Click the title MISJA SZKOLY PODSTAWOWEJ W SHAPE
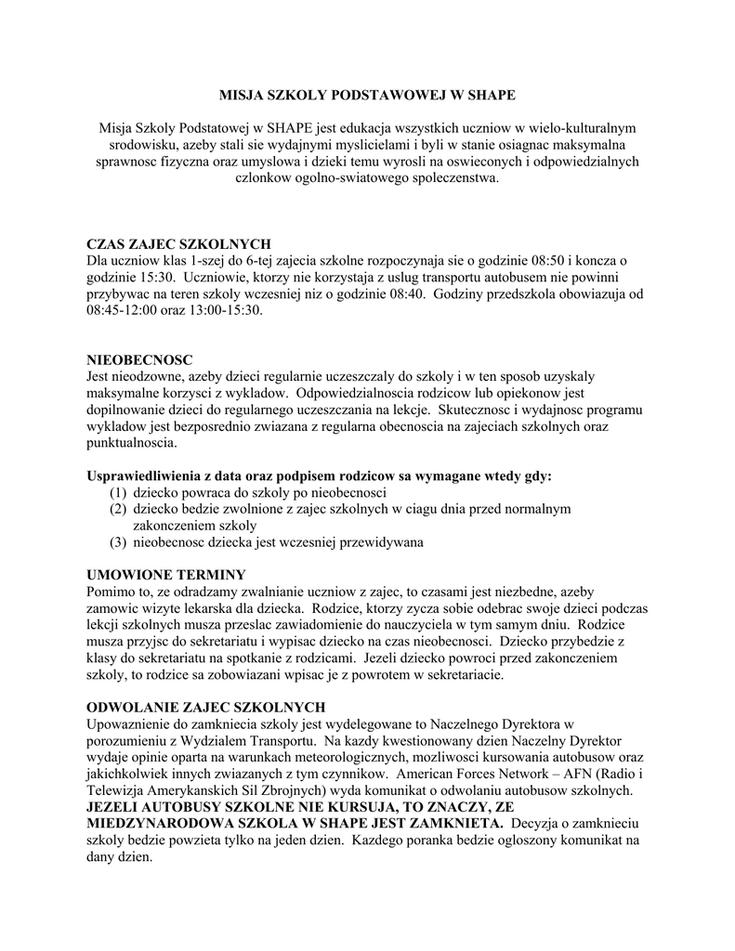(x=366, y=95)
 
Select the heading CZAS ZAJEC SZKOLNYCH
(x=179, y=243)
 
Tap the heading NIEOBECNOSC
(x=139, y=359)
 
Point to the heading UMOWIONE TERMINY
(x=165, y=574)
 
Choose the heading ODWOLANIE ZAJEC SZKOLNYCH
(x=205, y=707)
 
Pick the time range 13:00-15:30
(x=220, y=310)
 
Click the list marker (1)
(x=118, y=492)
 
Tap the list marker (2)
(x=118, y=509)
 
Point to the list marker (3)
(x=118, y=542)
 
